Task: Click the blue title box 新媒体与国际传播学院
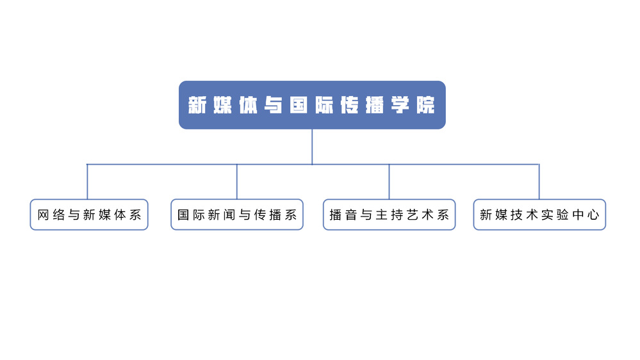click(x=312, y=105)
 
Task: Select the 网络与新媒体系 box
click(x=89, y=215)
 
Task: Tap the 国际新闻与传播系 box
click(x=237, y=215)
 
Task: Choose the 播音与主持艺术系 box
click(x=390, y=215)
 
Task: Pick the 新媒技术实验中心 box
click(x=539, y=215)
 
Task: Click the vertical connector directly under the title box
click(x=312, y=147)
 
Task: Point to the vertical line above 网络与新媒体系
click(x=87, y=182)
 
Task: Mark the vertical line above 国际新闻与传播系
click(x=237, y=182)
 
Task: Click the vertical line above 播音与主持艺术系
click(x=389, y=182)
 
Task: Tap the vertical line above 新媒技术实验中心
click(x=539, y=182)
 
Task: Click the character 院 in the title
click(x=426, y=105)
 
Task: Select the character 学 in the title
click(x=400, y=105)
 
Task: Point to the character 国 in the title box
click(x=299, y=105)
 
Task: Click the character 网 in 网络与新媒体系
click(x=44, y=215)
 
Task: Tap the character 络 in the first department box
click(x=59, y=215)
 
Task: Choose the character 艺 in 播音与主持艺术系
click(x=413, y=215)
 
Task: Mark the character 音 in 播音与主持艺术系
click(x=351, y=215)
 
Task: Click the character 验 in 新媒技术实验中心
click(x=563, y=215)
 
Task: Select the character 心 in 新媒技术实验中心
click(x=593, y=215)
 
